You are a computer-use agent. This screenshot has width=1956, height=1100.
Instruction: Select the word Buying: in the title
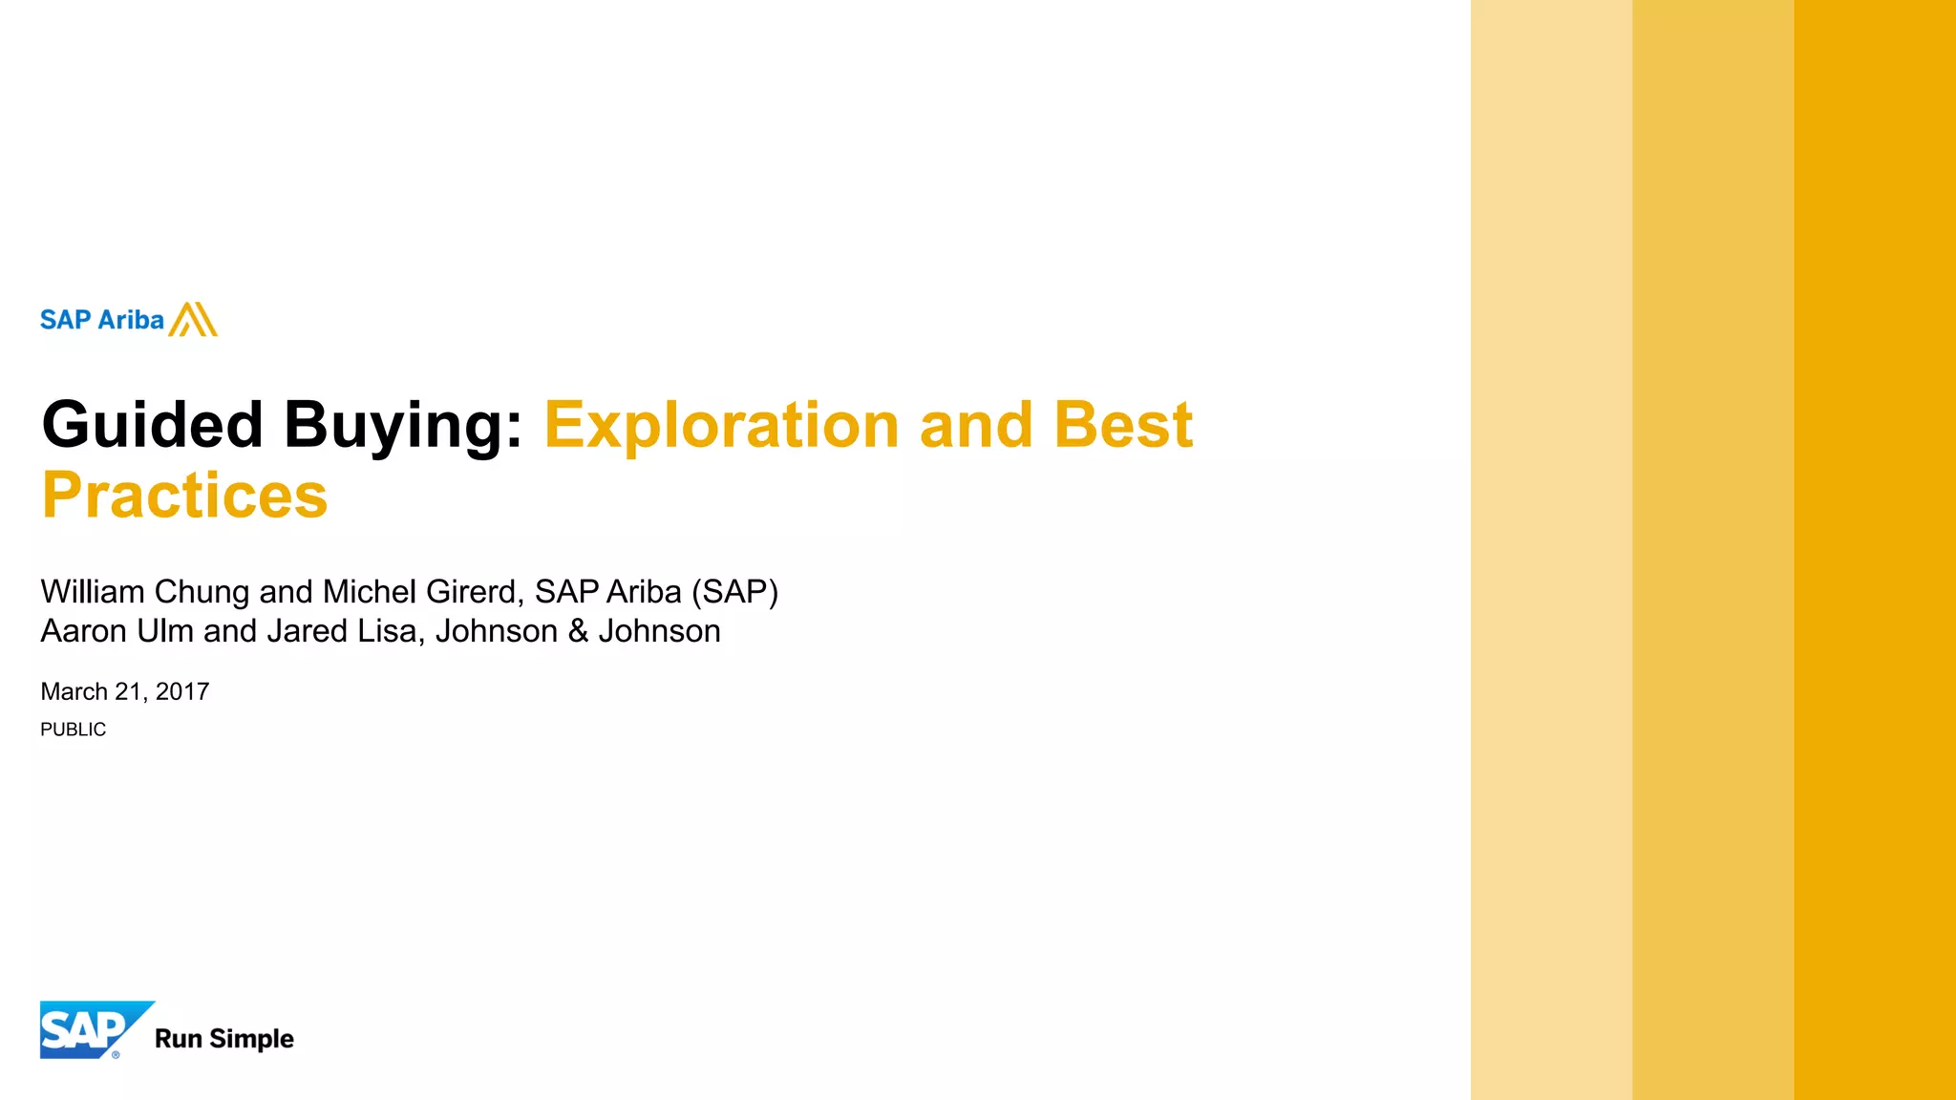[403, 425]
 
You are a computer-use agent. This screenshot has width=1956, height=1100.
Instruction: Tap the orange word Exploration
[721, 425]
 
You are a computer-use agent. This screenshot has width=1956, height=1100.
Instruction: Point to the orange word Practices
[185, 496]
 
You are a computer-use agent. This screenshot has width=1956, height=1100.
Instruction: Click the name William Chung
[145, 592]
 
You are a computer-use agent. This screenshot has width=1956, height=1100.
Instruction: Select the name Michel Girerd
[421, 592]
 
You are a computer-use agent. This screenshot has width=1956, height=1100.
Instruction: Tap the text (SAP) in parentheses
[734, 592]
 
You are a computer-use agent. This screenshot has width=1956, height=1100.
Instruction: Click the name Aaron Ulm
[117, 631]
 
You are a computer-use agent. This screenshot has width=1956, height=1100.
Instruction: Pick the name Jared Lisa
[343, 631]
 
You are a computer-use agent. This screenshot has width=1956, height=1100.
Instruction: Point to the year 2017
[182, 691]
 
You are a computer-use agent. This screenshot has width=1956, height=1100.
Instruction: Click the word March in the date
[74, 691]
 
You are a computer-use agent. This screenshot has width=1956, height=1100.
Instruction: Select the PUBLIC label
[73, 730]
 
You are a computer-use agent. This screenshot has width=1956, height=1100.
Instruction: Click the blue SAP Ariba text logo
[101, 320]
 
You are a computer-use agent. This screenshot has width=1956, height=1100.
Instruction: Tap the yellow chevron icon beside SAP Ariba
[194, 320]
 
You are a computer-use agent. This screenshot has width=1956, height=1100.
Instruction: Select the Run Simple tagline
[224, 1039]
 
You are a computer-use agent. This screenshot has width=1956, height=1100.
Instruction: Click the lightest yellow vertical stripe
[1551, 550]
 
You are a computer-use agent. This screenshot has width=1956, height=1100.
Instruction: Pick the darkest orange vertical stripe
[1875, 550]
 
